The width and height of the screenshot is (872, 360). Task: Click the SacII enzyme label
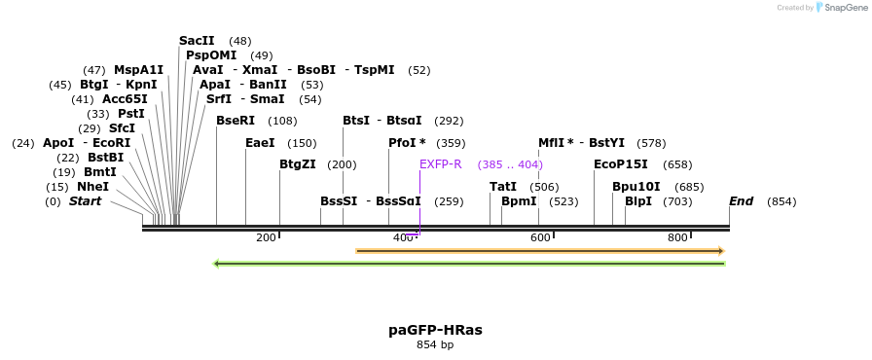pyautogui.click(x=197, y=41)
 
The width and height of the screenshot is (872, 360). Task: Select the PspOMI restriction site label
pyautogui.click(x=211, y=55)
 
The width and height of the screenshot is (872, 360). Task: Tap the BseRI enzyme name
pyautogui.click(x=235, y=121)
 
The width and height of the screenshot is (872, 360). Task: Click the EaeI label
pyautogui.click(x=260, y=143)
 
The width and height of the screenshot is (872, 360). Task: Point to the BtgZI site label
pyautogui.click(x=298, y=164)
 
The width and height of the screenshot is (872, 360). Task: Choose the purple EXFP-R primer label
pyautogui.click(x=441, y=164)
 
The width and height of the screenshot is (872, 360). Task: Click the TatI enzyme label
pyautogui.click(x=503, y=186)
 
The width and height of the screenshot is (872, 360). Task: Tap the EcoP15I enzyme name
pyautogui.click(x=621, y=164)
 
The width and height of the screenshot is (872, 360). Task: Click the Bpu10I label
pyautogui.click(x=636, y=186)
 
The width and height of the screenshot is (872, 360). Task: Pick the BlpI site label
pyautogui.click(x=638, y=201)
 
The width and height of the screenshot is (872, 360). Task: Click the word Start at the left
pyautogui.click(x=85, y=201)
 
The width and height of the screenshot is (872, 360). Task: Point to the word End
pyautogui.click(x=742, y=201)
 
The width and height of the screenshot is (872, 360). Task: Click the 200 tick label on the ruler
pyautogui.click(x=266, y=237)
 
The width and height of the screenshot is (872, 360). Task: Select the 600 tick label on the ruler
pyautogui.click(x=540, y=237)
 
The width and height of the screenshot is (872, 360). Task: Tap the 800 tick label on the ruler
pyautogui.click(x=677, y=237)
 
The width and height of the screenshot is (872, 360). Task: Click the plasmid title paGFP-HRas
pyautogui.click(x=435, y=330)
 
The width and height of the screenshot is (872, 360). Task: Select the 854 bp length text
pyautogui.click(x=435, y=344)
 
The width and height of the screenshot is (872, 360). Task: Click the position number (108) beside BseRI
pyautogui.click(x=282, y=121)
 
